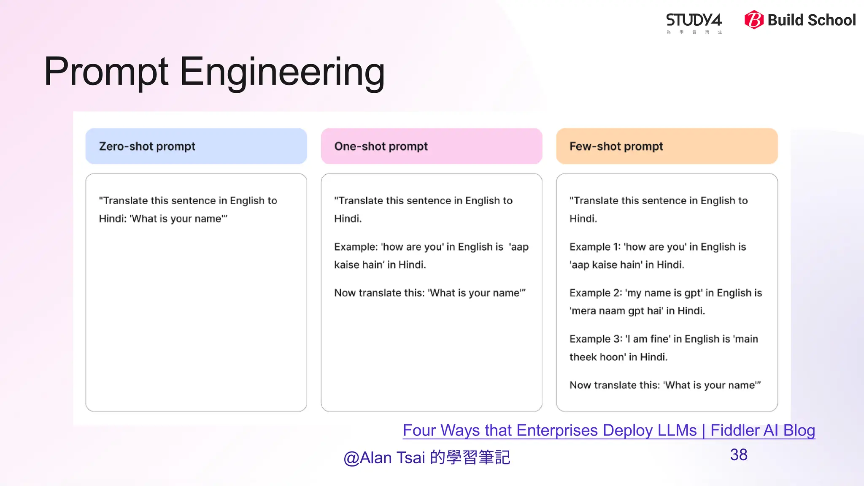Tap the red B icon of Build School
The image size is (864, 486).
(x=754, y=20)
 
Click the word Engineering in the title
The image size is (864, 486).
(x=282, y=72)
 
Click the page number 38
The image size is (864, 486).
(x=738, y=455)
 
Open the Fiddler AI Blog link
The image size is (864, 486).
(x=608, y=430)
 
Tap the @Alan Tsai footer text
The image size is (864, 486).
(x=427, y=457)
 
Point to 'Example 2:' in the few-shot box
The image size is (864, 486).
(x=595, y=293)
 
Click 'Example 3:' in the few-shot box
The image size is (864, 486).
(x=595, y=339)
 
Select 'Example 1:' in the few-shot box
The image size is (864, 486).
(x=595, y=247)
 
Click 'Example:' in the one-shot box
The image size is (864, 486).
(x=356, y=247)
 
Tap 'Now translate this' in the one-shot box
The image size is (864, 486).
(x=379, y=293)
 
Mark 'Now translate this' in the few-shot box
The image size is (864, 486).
(x=614, y=385)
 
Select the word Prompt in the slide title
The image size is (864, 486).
(x=106, y=72)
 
